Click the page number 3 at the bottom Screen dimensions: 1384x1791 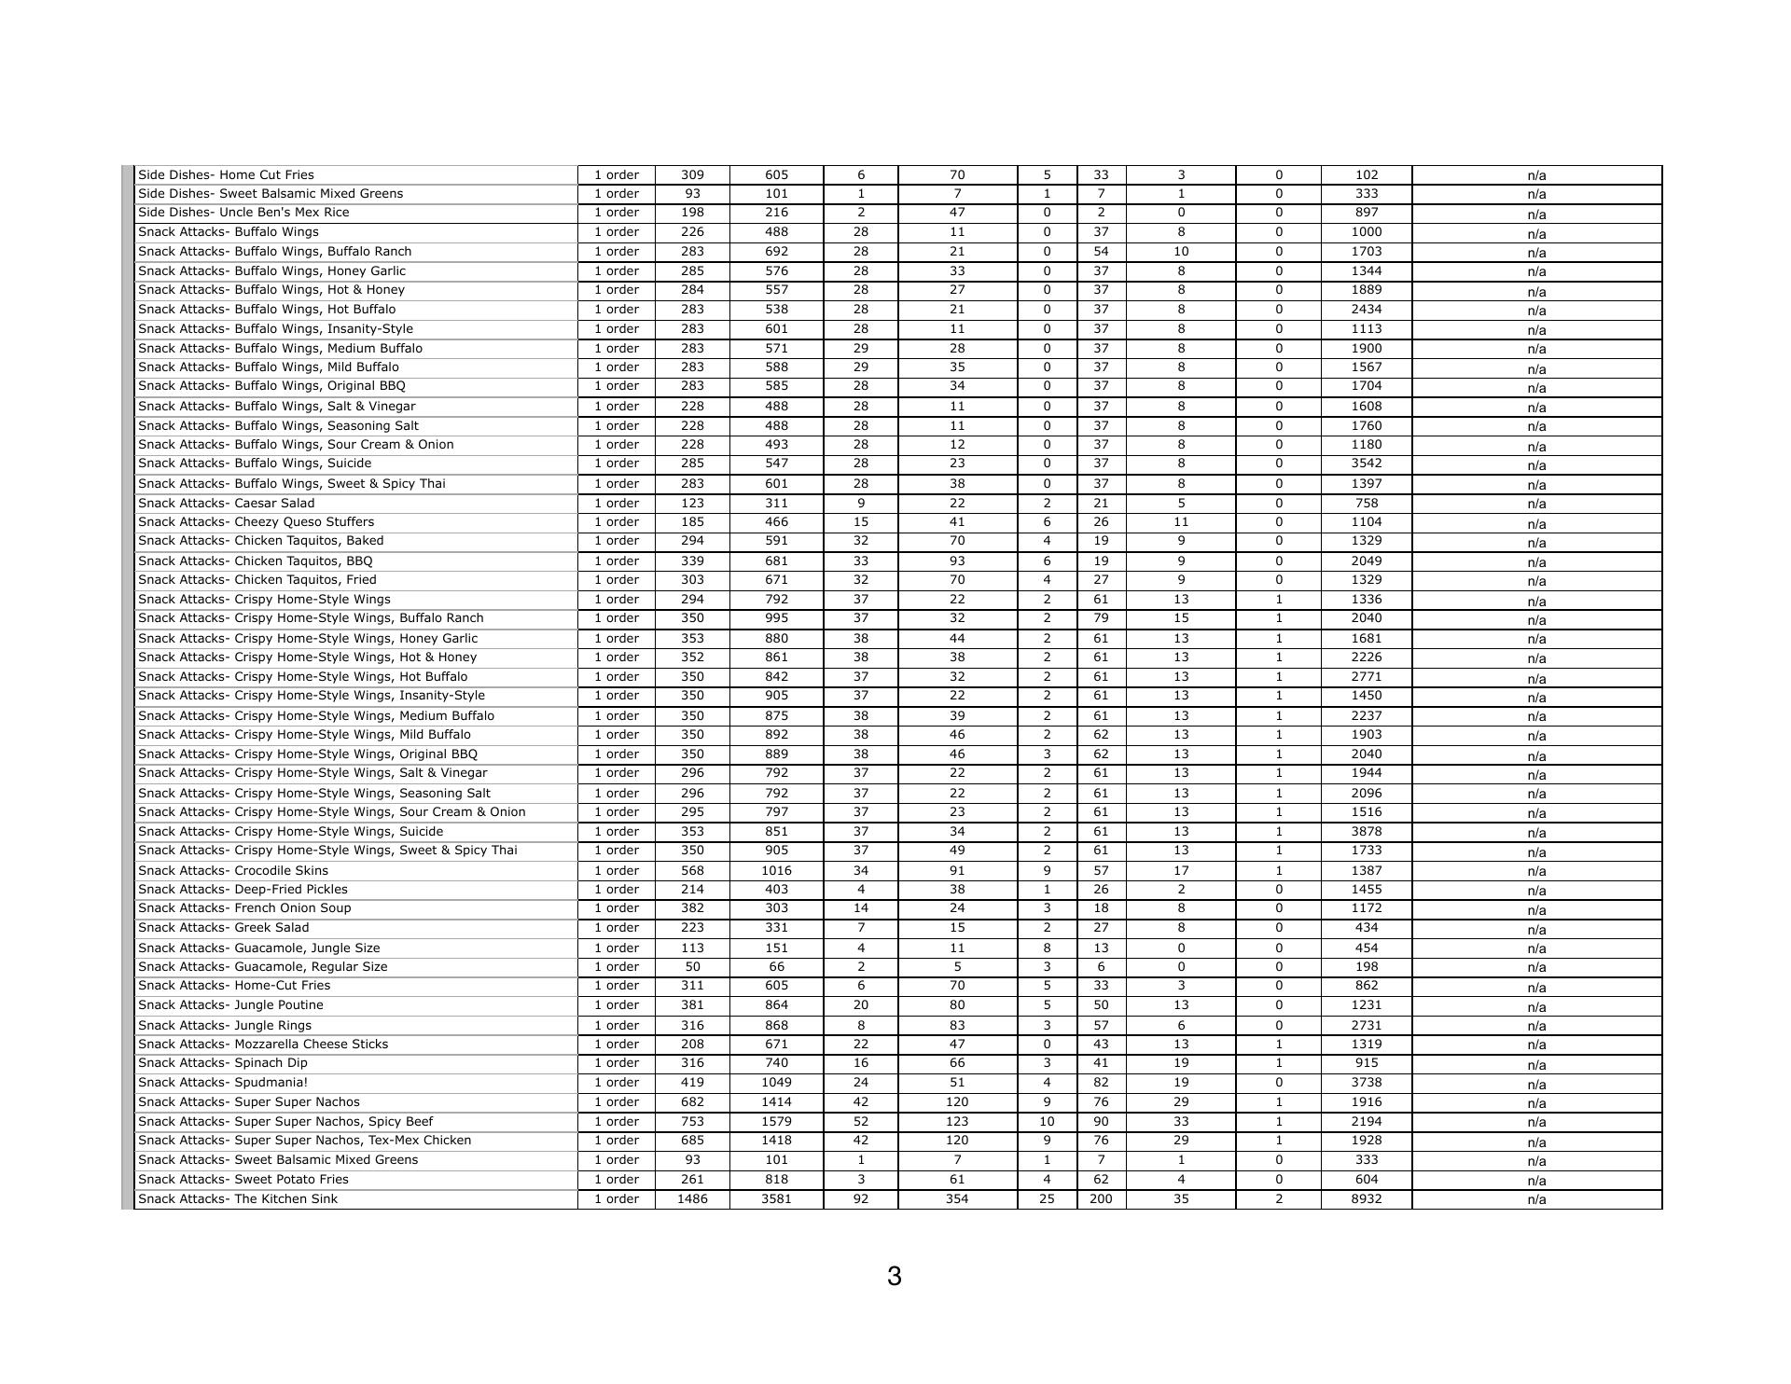[894, 1276]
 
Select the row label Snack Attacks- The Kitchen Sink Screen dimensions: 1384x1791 [238, 1198]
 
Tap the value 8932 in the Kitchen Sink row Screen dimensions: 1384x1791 [1366, 1198]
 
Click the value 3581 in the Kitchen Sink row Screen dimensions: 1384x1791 [776, 1198]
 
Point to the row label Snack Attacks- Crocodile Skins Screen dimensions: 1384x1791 [233, 870]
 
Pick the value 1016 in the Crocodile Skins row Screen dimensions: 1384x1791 [776, 870]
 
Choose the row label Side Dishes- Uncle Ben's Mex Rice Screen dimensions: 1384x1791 [243, 212]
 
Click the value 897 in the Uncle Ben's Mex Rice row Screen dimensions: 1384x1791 [1366, 212]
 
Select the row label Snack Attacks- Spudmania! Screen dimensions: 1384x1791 [223, 1082]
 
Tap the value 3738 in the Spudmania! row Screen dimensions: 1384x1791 [1366, 1082]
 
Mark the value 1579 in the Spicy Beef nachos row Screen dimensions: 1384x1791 [776, 1121]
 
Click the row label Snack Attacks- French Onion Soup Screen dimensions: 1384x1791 [244, 907]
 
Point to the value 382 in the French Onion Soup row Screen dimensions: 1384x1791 [692, 907]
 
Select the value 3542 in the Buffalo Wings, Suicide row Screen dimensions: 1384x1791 [1366, 463]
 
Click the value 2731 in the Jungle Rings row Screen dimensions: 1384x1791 [1366, 1025]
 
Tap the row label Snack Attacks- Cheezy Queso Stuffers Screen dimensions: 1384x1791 [256, 521]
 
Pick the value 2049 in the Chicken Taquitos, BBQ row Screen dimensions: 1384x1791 [1366, 561]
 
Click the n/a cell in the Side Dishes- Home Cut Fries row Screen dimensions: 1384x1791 [1536, 175]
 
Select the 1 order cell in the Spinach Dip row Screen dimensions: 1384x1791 [617, 1062]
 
